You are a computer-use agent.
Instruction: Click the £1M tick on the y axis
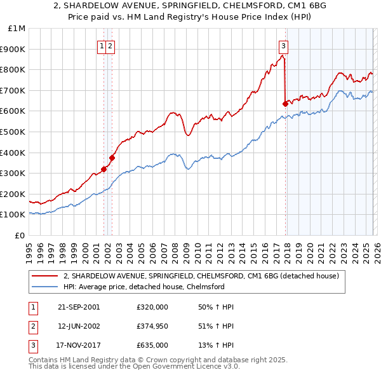coord(17,29)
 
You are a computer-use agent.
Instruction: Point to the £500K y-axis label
coord(14,132)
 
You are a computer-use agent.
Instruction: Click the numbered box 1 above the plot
coord(102,46)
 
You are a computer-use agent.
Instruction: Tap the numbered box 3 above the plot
coord(283,46)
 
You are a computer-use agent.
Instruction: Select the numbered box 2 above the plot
coord(110,46)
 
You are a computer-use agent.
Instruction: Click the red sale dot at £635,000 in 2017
coord(284,104)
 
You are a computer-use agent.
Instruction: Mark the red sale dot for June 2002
coord(112,158)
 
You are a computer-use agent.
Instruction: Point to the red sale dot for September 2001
coord(104,169)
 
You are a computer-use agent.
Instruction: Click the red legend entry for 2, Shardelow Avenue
coord(202,276)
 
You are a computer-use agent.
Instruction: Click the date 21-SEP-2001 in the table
coord(79,307)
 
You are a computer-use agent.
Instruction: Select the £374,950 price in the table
coord(151,326)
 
